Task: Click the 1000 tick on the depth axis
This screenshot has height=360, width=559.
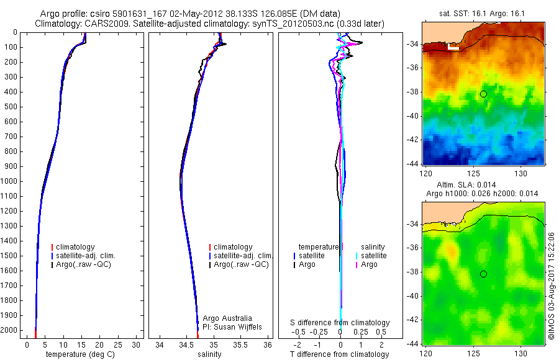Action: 9,181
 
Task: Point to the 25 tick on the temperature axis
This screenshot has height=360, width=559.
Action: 117,345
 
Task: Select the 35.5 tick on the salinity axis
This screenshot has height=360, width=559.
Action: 240,345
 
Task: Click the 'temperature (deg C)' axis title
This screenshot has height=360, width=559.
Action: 80,354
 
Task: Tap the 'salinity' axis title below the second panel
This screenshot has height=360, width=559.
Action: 209,354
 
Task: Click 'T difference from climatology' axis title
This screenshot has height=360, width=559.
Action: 339,354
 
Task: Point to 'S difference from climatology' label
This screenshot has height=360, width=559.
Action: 340,323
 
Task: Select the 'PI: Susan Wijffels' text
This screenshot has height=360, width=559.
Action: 232,327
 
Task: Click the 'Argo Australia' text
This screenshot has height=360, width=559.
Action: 227,318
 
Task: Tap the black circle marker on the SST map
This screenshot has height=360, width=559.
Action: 483,94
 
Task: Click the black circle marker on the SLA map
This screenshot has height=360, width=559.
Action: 483,274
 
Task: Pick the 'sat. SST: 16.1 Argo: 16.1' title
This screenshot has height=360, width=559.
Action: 482,14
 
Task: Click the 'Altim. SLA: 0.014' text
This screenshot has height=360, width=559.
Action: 466,184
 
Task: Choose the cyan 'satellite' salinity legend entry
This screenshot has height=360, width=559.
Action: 371,256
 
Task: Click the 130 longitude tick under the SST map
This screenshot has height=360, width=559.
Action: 521,174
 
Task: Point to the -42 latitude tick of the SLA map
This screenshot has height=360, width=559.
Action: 413,320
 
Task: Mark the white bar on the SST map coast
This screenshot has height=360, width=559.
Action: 453,47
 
